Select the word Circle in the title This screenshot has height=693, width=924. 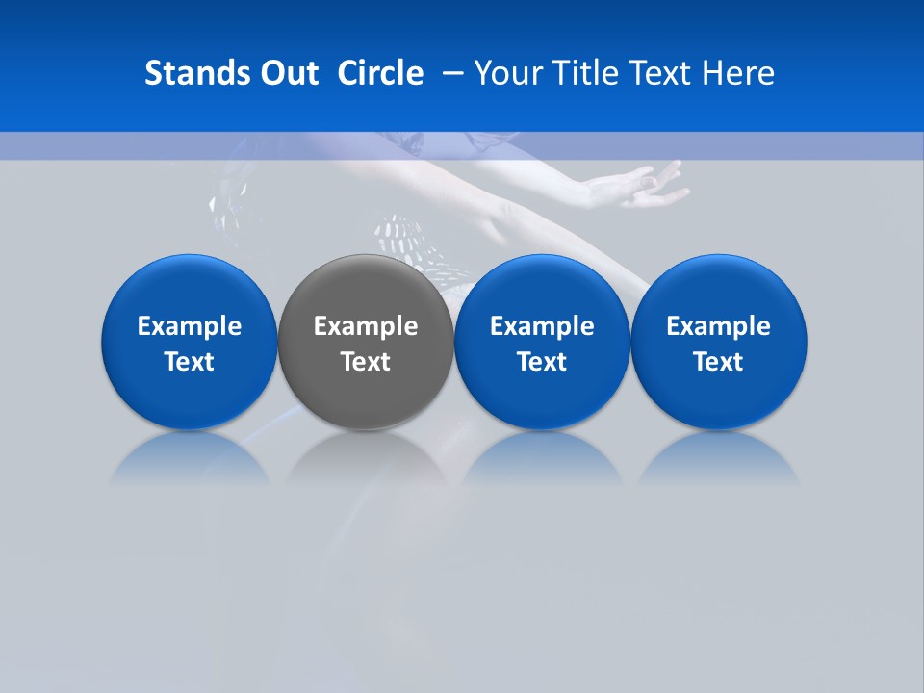coord(380,73)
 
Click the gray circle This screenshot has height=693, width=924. coord(366,289)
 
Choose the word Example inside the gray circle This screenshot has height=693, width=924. coord(366,326)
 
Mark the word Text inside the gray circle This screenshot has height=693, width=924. coord(366,362)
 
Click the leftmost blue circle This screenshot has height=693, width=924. coord(189,289)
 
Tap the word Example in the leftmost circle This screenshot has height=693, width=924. coord(189,326)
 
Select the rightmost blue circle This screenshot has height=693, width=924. coord(718,289)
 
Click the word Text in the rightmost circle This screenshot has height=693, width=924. coord(718,362)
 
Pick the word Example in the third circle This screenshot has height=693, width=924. coord(542,326)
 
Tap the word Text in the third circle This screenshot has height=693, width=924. coord(542,362)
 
